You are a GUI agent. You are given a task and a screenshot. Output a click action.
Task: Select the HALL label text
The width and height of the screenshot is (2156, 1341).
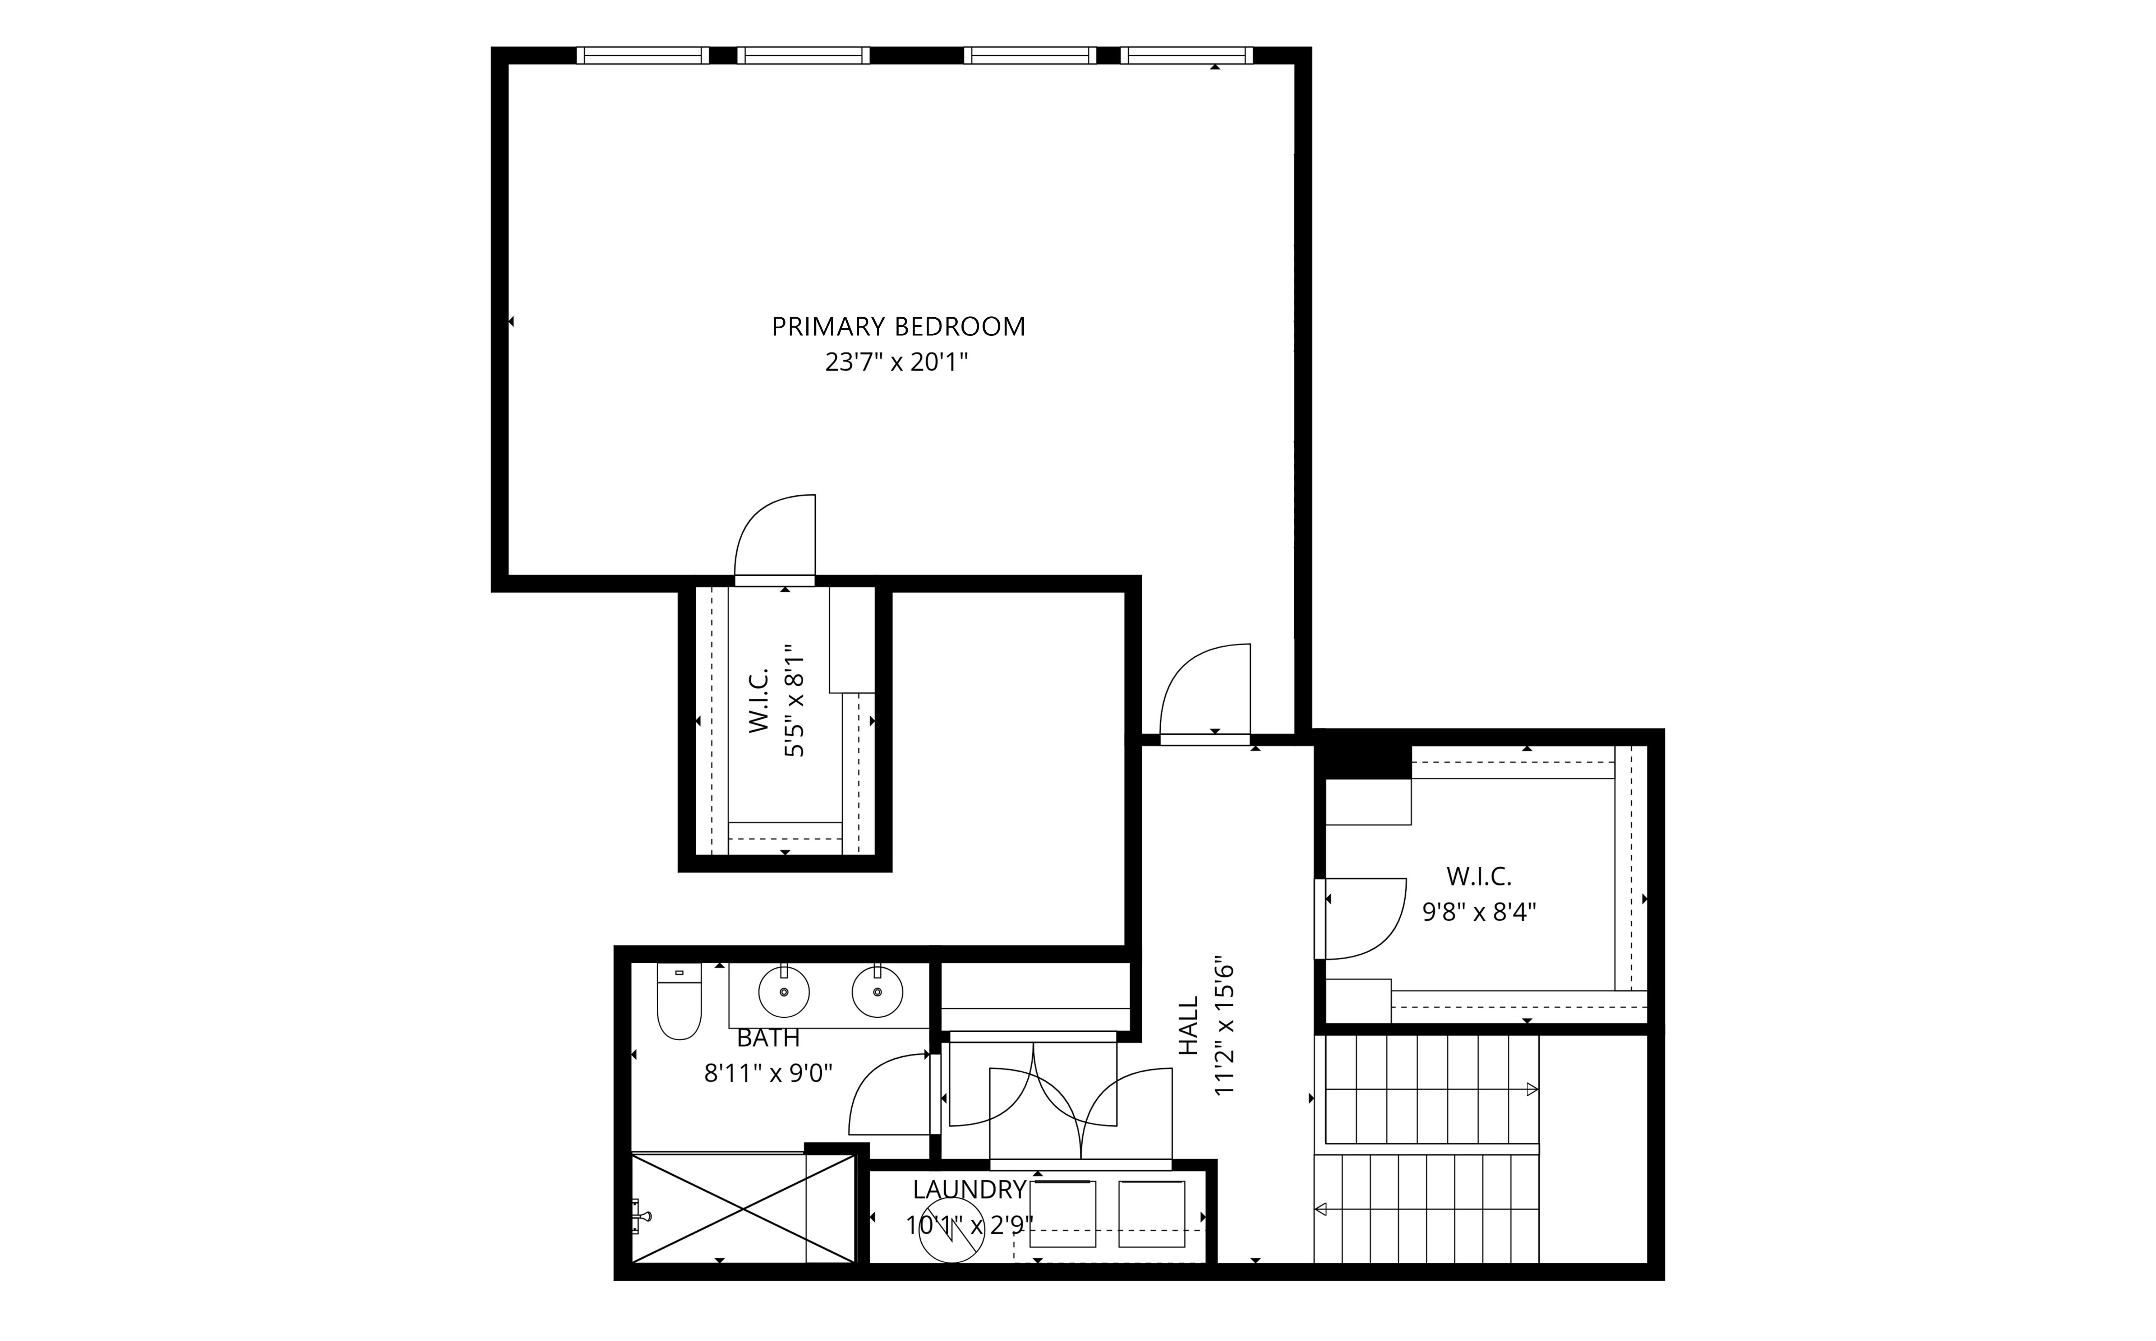(x=1188, y=1026)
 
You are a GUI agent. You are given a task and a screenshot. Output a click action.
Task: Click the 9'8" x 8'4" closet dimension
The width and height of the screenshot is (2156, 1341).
(x=1479, y=913)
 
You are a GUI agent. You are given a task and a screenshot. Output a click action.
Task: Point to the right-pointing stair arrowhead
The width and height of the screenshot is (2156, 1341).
(x=1531, y=1089)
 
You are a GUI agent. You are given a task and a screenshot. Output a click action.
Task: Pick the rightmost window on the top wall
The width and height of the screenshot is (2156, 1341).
(x=1187, y=55)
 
